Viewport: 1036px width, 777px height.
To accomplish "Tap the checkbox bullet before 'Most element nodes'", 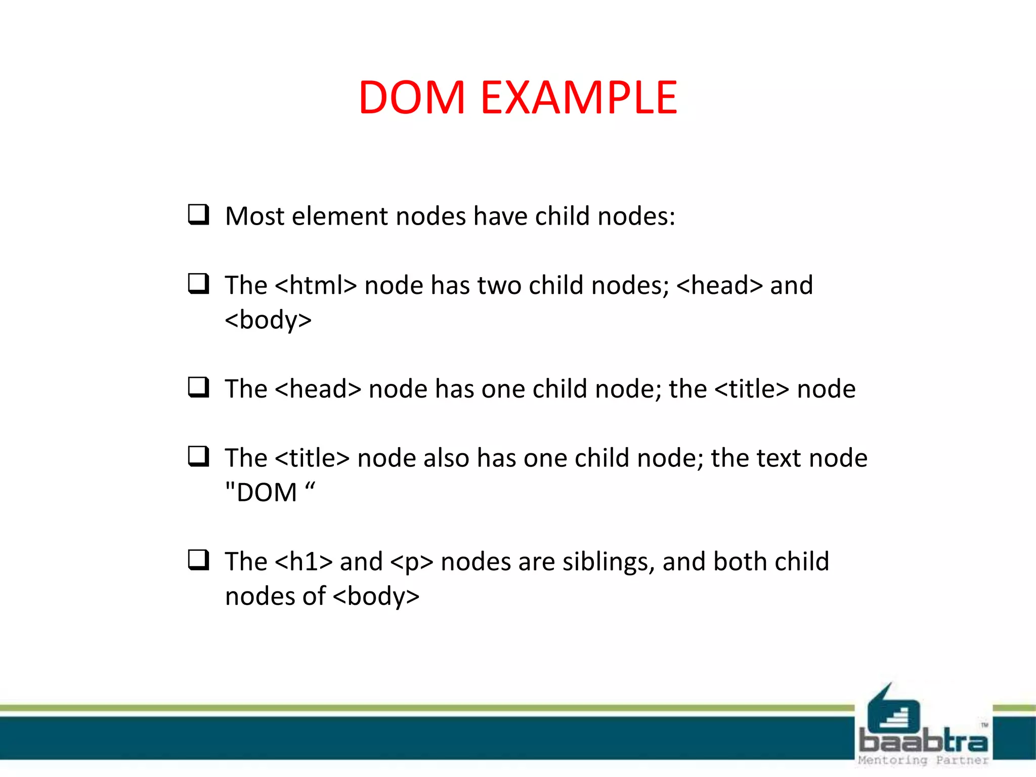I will [x=198, y=214].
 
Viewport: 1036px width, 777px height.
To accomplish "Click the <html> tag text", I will [x=316, y=285].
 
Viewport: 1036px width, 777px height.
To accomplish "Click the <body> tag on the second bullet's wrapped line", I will [x=268, y=320].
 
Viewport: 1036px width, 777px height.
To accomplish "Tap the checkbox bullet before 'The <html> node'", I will [x=198, y=284].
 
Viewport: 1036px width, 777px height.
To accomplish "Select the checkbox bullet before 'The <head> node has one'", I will [x=198, y=387].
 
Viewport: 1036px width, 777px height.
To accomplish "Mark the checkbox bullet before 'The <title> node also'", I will [x=198, y=457].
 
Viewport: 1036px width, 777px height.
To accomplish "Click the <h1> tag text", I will [x=304, y=562].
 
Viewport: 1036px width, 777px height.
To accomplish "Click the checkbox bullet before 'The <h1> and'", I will [x=198, y=560].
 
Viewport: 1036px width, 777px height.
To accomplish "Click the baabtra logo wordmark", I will [x=923, y=741].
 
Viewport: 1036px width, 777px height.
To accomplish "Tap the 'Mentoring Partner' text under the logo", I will [x=923, y=760].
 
